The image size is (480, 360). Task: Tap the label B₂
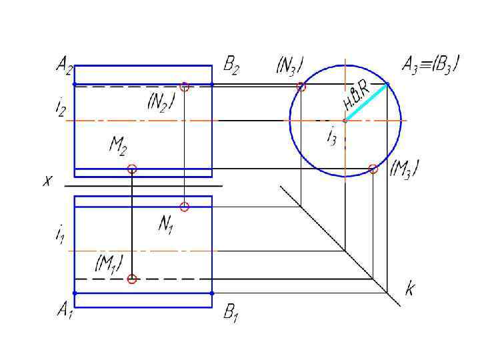coord(231,65)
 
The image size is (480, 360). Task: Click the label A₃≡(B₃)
coord(429,65)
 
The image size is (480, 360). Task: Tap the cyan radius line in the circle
coord(367,102)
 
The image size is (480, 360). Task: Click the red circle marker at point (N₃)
coord(301,86)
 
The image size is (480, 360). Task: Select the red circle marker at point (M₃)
coord(373,169)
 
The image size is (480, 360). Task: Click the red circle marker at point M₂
coord(132,169)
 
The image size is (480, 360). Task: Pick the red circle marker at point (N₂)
coord(185,86)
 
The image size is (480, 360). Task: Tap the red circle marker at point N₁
coord(185,207)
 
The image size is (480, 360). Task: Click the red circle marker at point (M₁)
coord(132,279)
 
